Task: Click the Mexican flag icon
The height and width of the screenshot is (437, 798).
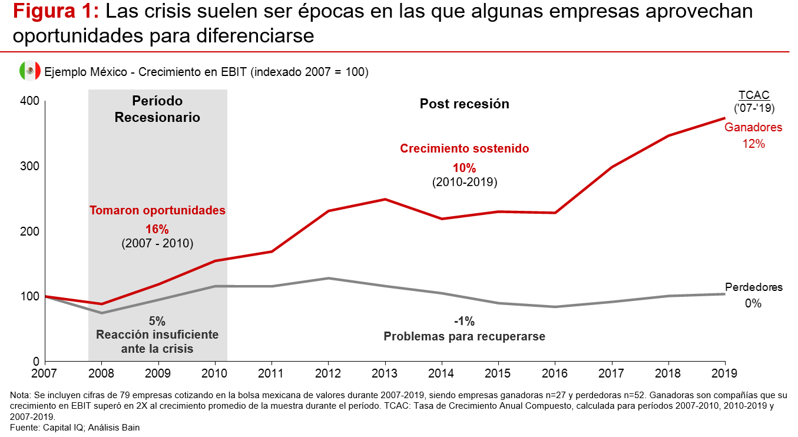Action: pyautogui.click(x=29, y=71)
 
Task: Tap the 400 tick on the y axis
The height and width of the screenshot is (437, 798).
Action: pyautogui.click(x=31, y=101)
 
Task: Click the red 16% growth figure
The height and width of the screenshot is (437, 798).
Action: pyautogui.click(x=157, y=229)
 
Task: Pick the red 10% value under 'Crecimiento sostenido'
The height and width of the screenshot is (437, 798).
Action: pyautogui.click(x=464, y=168)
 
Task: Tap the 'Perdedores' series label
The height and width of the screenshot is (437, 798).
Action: pyautogui.click(x=753, y=287)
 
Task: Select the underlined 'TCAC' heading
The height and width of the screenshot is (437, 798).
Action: pyautogui.click(x=754, y=95)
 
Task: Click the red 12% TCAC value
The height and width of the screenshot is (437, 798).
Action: pyautogui.click(x=753, y=143)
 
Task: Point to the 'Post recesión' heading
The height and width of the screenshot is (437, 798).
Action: pyautogui.click(x=464, y=104)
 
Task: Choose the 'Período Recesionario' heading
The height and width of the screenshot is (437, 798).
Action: pyautogui.click(x=157, y=109)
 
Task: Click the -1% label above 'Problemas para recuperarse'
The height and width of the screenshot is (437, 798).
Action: pyautogui.click(x=464, y=322)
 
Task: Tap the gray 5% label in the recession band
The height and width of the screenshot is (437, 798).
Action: pyautogui.click(x=157, y=321)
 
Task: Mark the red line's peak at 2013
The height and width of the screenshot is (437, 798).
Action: pyautogui.click(x=385, y=199)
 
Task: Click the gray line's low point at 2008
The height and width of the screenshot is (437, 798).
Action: pyautogui.click(x=102, y=313)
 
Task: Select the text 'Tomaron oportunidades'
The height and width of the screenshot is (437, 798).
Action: pyautogui.click(x=157, y=210)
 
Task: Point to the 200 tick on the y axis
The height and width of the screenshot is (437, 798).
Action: pyautogui.click(x=31, y=231)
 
